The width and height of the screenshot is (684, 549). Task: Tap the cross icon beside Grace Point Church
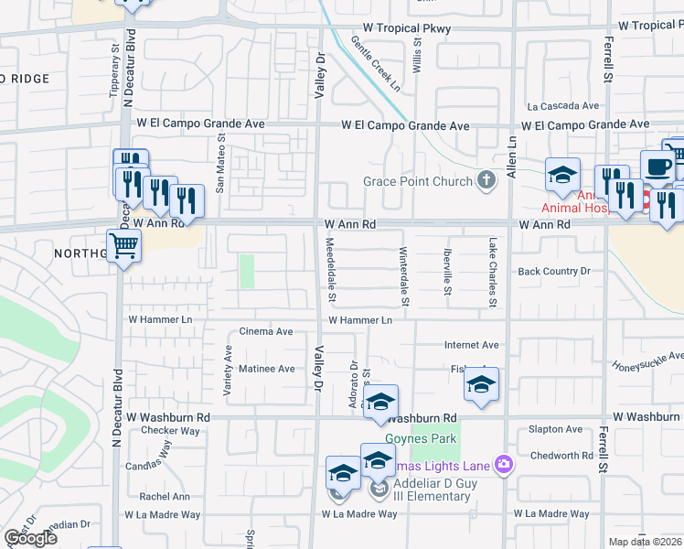[487, 180]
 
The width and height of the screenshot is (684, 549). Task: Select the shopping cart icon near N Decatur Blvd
[123, 244]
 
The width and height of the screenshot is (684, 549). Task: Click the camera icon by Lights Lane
[503, 466]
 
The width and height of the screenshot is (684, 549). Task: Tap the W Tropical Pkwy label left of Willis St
[406, 29]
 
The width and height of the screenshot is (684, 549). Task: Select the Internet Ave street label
[472, 345]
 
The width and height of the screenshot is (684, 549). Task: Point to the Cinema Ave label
[266, 331]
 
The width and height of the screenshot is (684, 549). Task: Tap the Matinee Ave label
[267, 369]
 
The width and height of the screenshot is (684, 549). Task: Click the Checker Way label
[170, 430]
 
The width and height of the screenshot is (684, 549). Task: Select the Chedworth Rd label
[561, 456]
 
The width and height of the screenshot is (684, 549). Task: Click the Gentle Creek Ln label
[376, 64]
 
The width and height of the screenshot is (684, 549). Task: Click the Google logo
[30, 538]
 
